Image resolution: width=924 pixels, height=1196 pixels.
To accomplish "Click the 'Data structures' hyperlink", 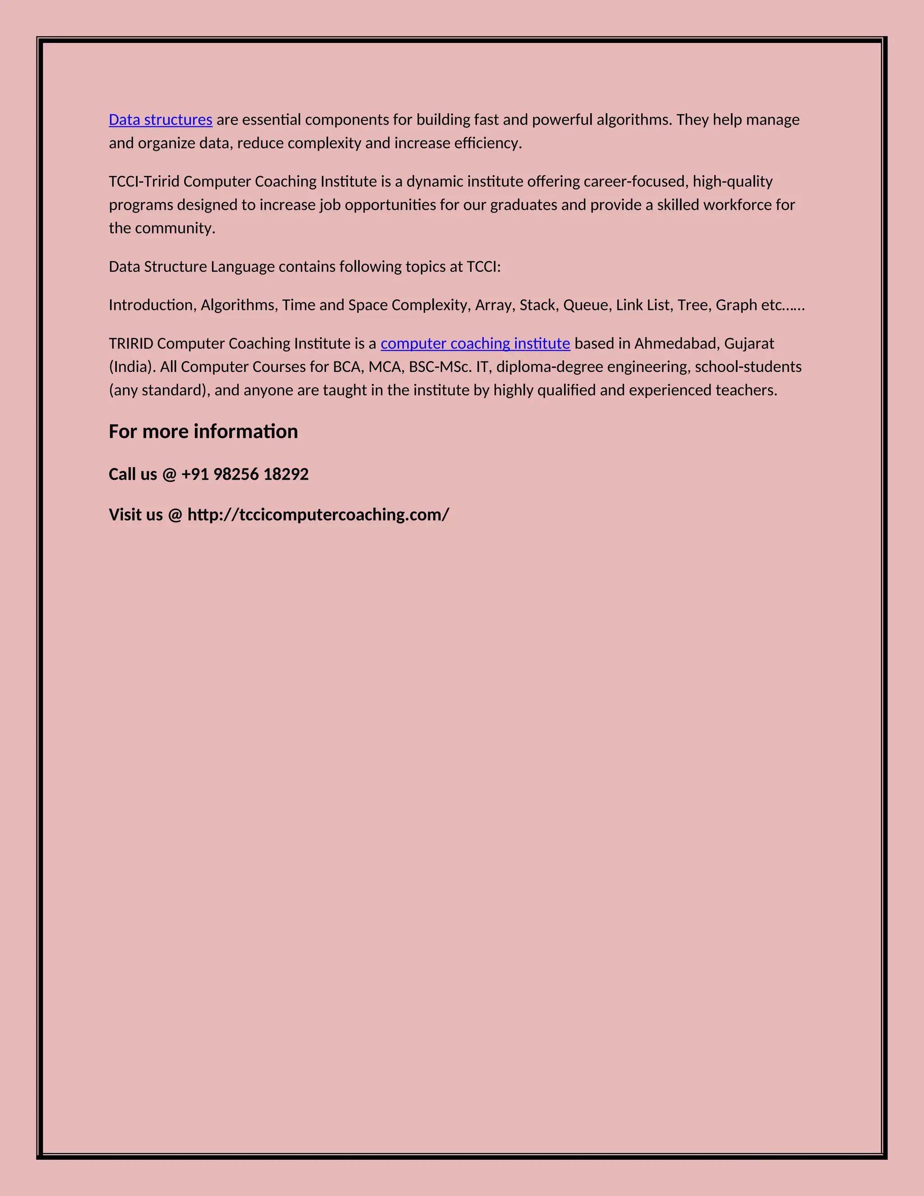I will point(160,120).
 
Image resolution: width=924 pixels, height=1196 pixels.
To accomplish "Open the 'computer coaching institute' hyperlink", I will point(475,343).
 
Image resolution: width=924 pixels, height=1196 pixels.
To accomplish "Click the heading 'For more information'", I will point(203,431).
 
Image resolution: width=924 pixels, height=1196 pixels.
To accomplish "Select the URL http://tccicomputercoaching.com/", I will point(318,515).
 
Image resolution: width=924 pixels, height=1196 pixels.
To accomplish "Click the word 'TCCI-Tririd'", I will point(144,181).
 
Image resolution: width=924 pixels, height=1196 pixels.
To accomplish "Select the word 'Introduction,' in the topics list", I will point(152,305).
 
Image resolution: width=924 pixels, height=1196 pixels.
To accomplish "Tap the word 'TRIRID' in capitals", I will point(131,343).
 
